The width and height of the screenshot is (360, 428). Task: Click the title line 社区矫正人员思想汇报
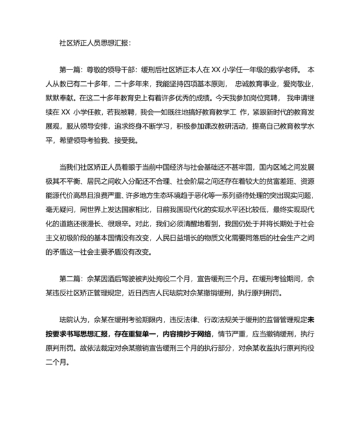94,43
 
